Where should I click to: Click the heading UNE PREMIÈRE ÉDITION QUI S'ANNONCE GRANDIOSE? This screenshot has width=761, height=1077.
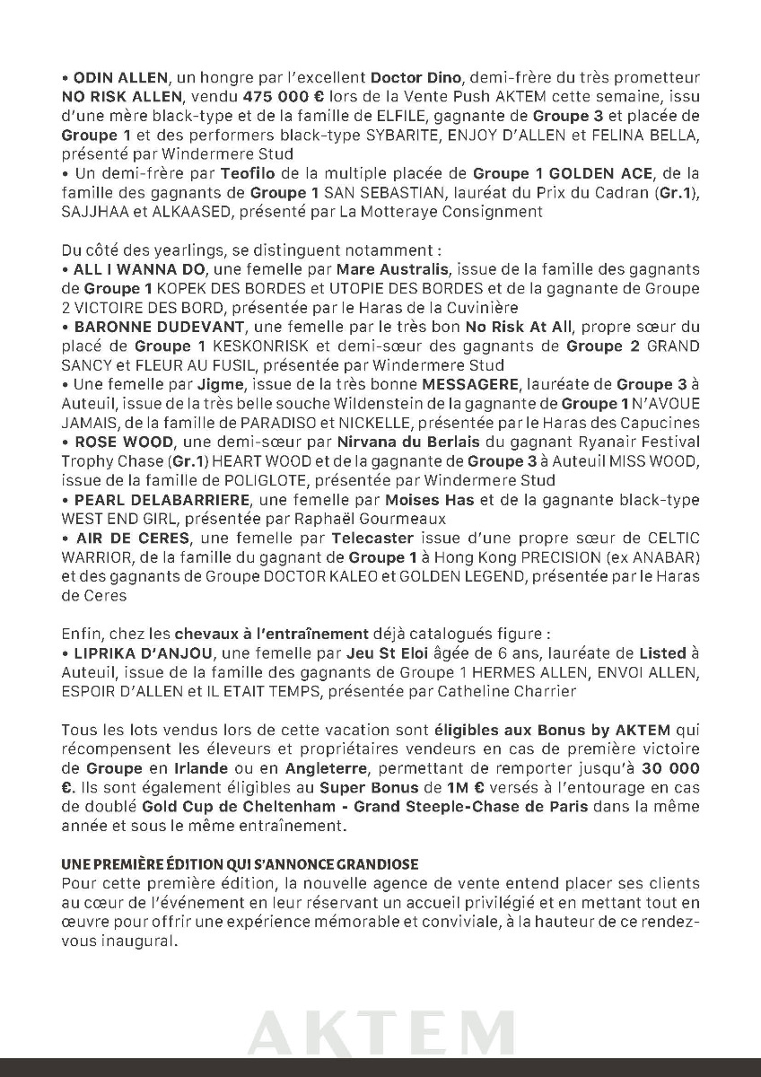[x=240, y=864]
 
